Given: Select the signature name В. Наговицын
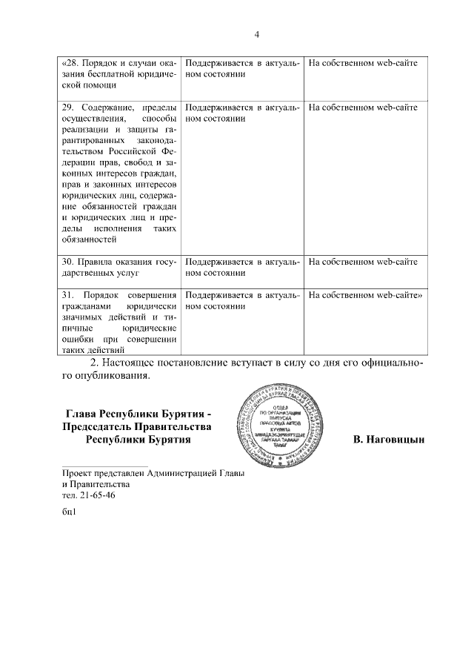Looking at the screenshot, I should pos(389,440).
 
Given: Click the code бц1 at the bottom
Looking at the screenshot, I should pos(70,512).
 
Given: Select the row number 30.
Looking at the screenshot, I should pos(69,262).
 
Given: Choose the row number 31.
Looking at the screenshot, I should pos(69,294).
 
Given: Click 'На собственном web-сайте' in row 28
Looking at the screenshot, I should pos(363,63).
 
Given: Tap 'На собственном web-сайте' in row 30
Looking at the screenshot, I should pos(363,262).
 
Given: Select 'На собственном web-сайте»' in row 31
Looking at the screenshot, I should pos(365,294).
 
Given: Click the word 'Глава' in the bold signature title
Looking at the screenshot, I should pos(81,414).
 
